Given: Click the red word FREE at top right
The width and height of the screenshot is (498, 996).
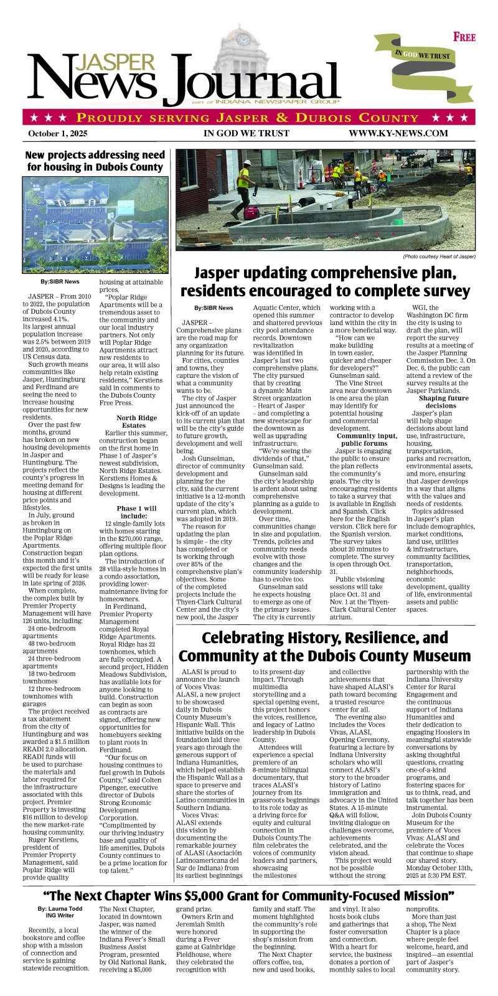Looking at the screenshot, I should coord(464,37).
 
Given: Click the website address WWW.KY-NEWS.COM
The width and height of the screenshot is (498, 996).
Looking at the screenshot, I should coord(398,133).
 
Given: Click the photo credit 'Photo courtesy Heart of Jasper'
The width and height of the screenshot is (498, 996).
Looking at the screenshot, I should coord(439,256).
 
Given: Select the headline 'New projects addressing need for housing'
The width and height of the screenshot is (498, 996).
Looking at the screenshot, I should coord(95,161).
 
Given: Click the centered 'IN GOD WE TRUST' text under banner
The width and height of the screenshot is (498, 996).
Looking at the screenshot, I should coord(247,133).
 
